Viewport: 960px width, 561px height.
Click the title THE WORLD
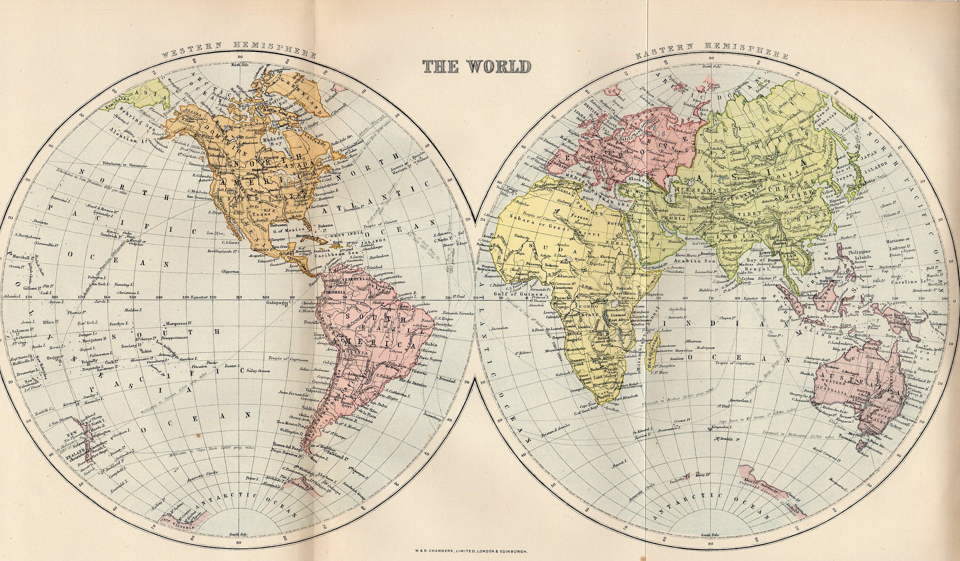(x=476, y=67)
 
